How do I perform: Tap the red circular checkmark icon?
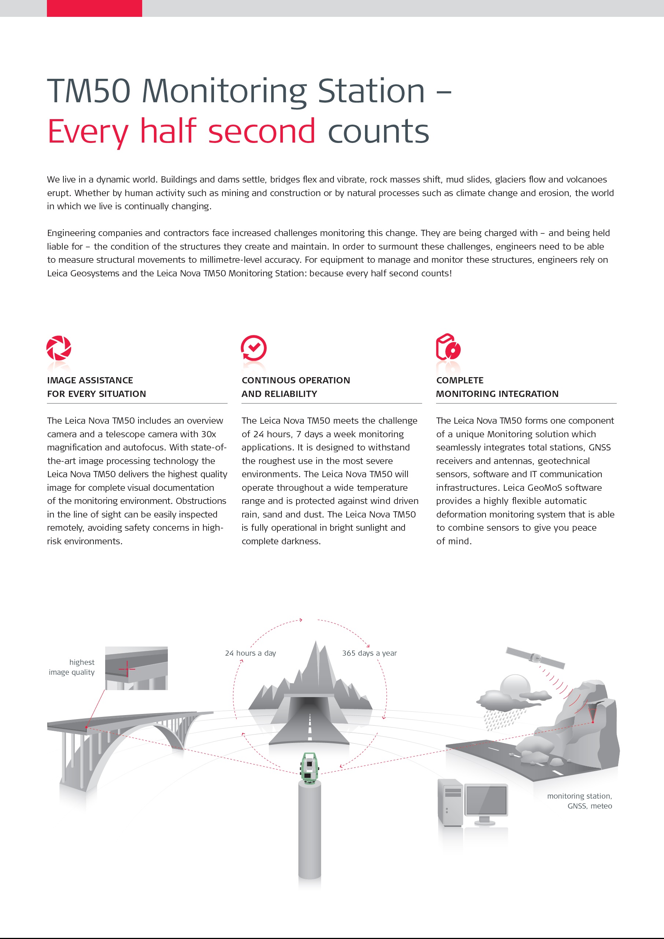[254, 348]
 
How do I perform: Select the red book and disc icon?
[448, 347]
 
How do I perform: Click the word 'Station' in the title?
[371, 91]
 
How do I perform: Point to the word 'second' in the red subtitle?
[262, 131]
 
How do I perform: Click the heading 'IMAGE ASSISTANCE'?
[90, 380]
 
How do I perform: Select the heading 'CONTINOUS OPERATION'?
[296, 380]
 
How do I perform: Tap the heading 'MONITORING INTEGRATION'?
[497, 394]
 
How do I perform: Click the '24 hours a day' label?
[250, 653]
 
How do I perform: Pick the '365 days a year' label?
[369, 653]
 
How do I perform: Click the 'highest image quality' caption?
[72, 667]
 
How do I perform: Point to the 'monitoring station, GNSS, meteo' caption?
[579, 801]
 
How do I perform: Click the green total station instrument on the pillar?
[310, 767]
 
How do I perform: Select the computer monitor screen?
[486, 800]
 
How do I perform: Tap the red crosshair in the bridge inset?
[127, 669]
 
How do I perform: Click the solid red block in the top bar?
[95, 8]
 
